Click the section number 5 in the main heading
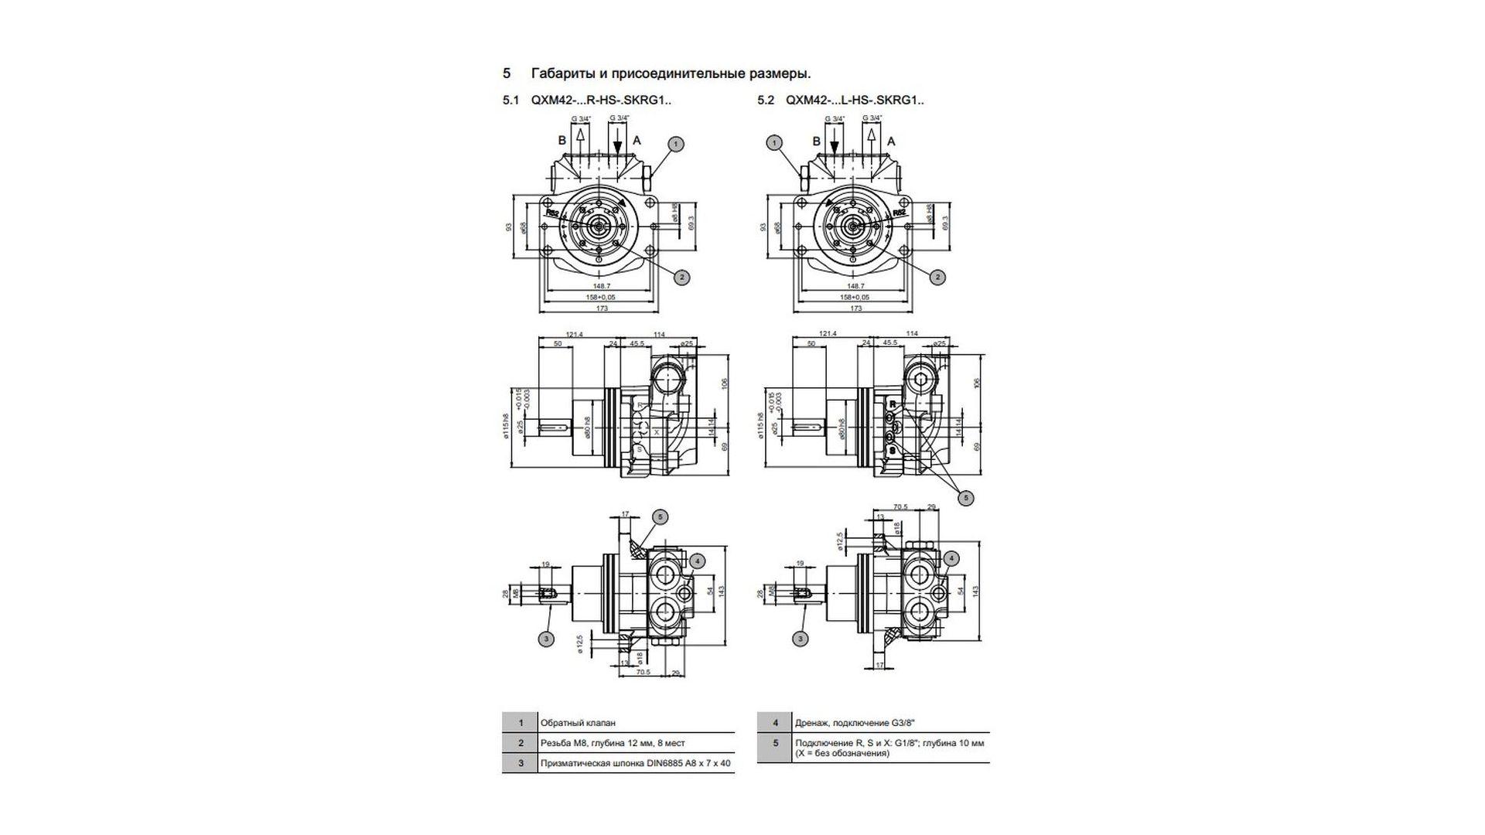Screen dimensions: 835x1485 point(507,73)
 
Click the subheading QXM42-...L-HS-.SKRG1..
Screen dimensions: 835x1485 point(854,100)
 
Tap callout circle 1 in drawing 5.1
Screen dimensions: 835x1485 point(675,144)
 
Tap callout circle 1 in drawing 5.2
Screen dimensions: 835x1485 point(774,142)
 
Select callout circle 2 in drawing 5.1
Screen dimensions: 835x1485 point(681,277)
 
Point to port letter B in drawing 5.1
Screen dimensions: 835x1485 point(563,141)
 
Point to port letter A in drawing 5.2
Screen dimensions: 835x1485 point(891,141)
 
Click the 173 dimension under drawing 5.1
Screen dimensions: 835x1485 point(602,308)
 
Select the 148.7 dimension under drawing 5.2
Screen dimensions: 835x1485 point(856,286)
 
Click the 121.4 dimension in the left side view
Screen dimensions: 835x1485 point(574,335)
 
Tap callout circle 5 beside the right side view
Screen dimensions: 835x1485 point(965,498)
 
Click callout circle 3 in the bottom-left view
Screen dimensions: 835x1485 point(547,639)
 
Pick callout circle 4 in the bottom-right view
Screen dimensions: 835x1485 point(951,558)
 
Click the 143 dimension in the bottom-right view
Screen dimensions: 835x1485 point(976,590)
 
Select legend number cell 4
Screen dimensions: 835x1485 point(775,723)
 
